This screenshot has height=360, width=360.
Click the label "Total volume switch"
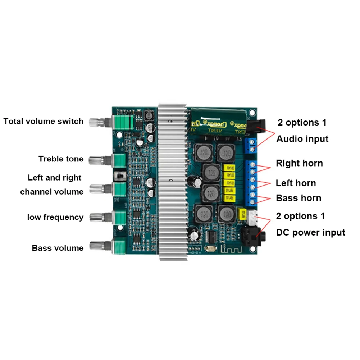(44, 121)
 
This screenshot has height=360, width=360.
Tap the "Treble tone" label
(61, 159)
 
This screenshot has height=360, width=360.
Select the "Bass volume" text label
(58, 248)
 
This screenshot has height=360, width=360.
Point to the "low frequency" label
(55, 217)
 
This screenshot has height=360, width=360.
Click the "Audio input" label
(302, 139)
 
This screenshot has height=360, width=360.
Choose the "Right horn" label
(299, 163)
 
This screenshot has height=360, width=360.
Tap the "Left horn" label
(296, 183)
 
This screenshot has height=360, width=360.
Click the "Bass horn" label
(299, 198)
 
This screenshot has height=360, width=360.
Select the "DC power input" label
(310, 233)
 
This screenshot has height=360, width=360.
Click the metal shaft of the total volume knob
(102, 122)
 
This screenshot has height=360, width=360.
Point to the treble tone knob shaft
(102, 160)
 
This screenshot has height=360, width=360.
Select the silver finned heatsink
(172, 180)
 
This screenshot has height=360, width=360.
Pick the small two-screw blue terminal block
(251, 145)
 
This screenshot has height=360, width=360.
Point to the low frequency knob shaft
(102, 217)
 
